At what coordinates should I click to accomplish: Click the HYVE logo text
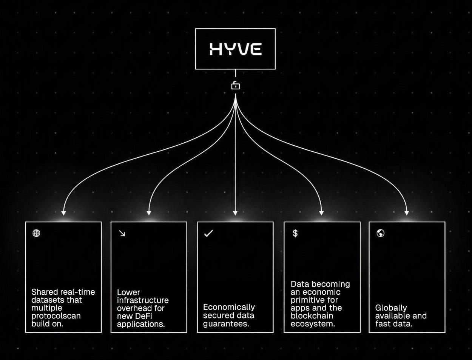(235, 49)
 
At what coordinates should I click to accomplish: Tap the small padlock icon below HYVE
(235, 85)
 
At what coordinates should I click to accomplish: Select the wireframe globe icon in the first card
(36, 233)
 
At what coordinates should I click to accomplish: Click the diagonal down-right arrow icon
(122, 233)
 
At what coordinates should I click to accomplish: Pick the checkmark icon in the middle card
(208, 233)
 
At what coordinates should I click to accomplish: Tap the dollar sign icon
(295, 233)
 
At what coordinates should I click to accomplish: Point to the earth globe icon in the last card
(380, 233)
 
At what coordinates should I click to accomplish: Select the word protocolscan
(56, 316)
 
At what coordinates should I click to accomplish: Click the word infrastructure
(143, 300)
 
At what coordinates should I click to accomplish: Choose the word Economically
(229, 307)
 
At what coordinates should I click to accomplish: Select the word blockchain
(312, 316)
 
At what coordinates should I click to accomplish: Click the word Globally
(391, 308)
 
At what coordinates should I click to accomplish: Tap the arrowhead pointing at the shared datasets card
(64, 212)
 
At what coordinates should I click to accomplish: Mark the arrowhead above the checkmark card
(235, 212)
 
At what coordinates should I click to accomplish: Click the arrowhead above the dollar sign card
(321, 212)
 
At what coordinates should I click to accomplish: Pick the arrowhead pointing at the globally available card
(407, 212)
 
